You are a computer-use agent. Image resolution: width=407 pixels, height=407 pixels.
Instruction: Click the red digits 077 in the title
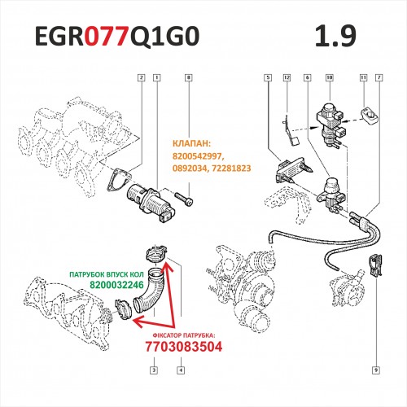pyautogui.click(x=106, y=36)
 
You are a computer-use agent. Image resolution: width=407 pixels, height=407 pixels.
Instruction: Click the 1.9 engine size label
pyautogui.click(x=335, y=36)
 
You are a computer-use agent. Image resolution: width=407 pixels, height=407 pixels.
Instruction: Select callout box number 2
pyautogui.click(x=141, y=77)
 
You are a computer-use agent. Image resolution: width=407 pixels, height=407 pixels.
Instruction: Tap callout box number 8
pyautogui.click(x=189, y=77)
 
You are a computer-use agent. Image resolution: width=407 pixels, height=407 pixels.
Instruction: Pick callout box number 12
pyautogui.click(x=287, y=77)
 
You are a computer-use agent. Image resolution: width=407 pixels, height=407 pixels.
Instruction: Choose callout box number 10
pyautogui.click(x=330, y=77)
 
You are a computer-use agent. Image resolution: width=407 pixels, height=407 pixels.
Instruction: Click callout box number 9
pyautogui.click(x=376, y=370)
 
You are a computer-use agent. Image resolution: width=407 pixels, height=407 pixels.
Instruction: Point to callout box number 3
pyautogui.click(x=154, y=370)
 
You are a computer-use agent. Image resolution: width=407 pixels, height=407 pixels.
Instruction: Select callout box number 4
pyautogui.click(x=181, y=370)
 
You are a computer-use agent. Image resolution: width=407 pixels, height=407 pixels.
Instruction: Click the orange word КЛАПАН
pyautogui.click(x=191, y=143)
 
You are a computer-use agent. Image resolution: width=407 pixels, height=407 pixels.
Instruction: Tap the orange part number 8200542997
pyautogui.click(x=198, y=156)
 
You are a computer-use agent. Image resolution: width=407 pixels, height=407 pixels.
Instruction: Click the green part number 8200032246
pyautogui.click(x=116, y=285)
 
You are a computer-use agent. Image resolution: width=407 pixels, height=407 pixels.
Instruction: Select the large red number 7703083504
pyautogui.click(x=184, y=347)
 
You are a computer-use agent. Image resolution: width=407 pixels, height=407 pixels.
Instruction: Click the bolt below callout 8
pyautogui.click(x=185, y=199)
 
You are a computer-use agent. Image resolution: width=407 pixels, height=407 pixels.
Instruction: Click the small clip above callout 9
pyautogui.click(x=375, y=266)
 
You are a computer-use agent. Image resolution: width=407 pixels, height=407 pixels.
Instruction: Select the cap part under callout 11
pyautogui.click(x=370, y=116)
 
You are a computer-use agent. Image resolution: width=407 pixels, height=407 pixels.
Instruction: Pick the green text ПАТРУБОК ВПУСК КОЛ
pyautogui.click(x=107, y=274)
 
